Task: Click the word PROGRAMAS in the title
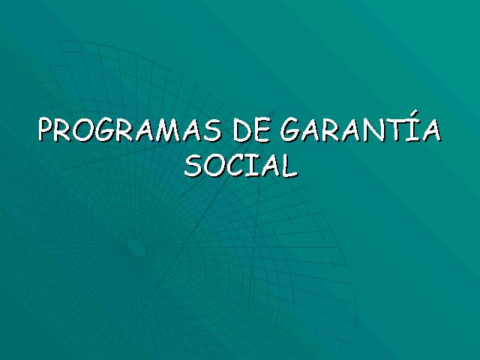pyautogui.click(x=130, y=130)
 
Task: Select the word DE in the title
pyautogui.click(x=252, y=130)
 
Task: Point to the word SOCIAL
pyautogui.click(x=241, y=165)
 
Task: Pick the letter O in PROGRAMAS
pyautogui.click(x=82, y=130)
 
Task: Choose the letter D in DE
pyautogui.click(x=242, y=130)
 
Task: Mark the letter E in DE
pyautogui.click(x=262, y=130)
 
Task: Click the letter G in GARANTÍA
pyautogui.click(x=291, y=130)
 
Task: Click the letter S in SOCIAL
pyautogui.click(x=193, y=166)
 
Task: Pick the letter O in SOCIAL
pyautogui.click(x=215, y=166)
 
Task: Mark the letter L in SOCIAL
pyautogui.click(x=289, y=166)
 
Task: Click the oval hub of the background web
pyautogui.click(x=136, y=247)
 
